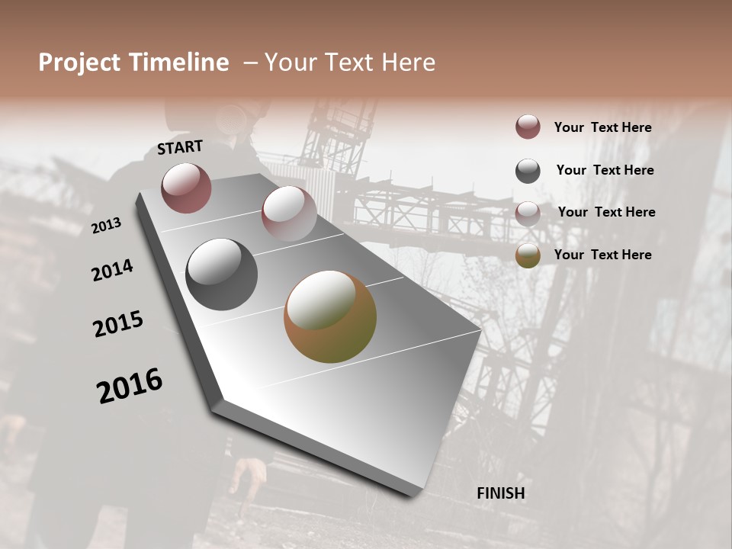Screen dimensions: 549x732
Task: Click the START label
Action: [180, 147]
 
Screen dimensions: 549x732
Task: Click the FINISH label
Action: [501, 493]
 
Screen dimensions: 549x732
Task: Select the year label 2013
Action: [107, 226]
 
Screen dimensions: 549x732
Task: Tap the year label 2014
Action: [113, 271]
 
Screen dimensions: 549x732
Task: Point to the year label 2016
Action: [130, 386]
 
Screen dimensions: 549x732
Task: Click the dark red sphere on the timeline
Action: [186, 188]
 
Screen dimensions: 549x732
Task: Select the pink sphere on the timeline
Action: [288, 213]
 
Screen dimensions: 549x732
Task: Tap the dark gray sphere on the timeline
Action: [221, 274]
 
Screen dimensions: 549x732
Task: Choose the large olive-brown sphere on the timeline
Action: [329, 316]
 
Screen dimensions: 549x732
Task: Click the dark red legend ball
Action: [528, 127]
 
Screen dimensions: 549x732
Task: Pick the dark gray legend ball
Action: [528, 171]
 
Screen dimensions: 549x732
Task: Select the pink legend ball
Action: [528, 213]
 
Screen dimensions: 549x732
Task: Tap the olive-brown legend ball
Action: [528, 255]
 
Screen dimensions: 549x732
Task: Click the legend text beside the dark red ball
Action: [602, 127]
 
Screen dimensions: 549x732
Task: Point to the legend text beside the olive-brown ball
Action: [602, 255]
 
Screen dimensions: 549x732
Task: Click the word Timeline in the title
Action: [179, 63]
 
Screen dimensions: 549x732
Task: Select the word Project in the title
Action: [79, 63]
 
